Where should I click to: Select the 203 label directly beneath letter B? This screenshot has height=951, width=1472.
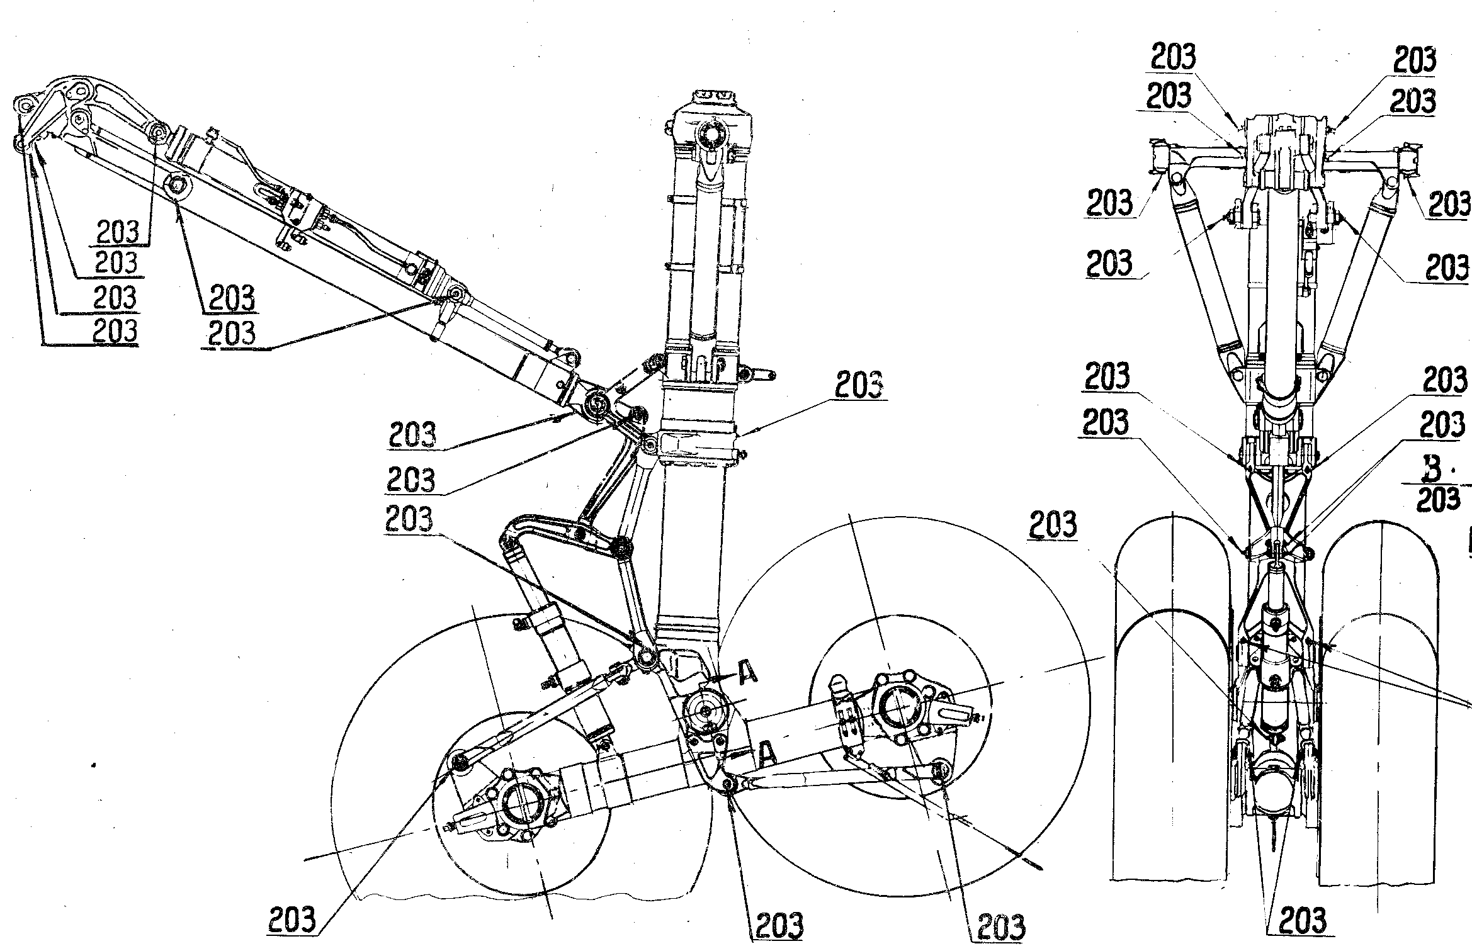pos(1438,499)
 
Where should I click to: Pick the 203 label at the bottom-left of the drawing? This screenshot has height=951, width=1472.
pos(292,921)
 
